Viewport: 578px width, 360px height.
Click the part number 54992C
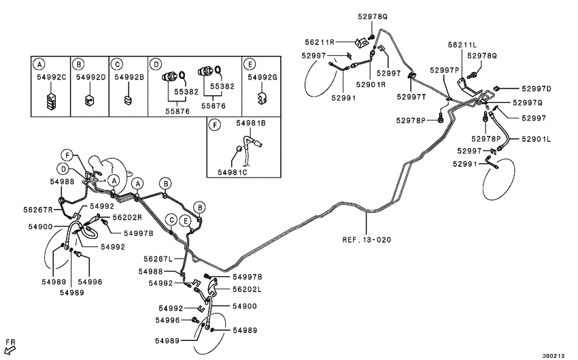(51, 78)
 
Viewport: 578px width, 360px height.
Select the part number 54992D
(90, 78)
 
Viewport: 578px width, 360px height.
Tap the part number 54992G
(262, 78)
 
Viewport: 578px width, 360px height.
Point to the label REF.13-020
(367, 240)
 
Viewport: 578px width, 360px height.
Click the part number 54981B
(251, 123)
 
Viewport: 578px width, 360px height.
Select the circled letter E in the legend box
(250, 64)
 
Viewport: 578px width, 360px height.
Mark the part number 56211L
(462, 44)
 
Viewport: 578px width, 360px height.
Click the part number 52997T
(411, 97)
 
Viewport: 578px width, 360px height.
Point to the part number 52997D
(537, 89)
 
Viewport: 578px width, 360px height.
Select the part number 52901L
(537, 139)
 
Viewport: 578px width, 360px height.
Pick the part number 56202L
(247, 289)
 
